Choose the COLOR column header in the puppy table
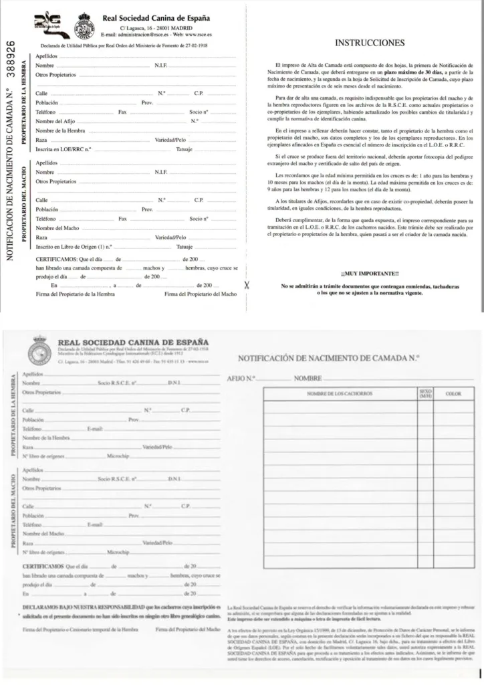point(453,393)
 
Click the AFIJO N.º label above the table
point(242,379)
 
